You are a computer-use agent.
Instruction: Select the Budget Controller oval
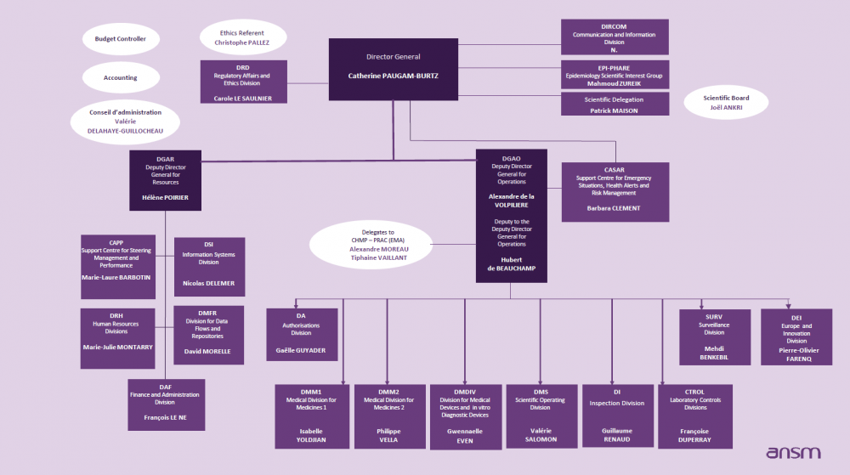(x=120, y=39)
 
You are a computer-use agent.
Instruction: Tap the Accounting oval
(x=120, y=78)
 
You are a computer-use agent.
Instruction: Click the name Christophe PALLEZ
(x=241, y=42)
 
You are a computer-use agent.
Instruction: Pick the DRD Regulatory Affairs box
(x=243, y=82)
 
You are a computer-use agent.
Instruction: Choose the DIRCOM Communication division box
(x=614, y=37)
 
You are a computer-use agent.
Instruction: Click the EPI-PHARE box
(x=614, y=75)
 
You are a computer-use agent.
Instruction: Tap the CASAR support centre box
(x=614, y=191)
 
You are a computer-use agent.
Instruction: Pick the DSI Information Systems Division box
(x=209, y=266)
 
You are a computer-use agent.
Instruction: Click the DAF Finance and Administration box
(x=165, y=404)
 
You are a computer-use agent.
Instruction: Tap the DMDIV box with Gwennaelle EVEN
(x=465, y=416)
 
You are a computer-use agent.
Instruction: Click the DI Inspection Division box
(x=616, y=416)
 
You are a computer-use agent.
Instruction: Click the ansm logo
(x=793, y=454)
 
